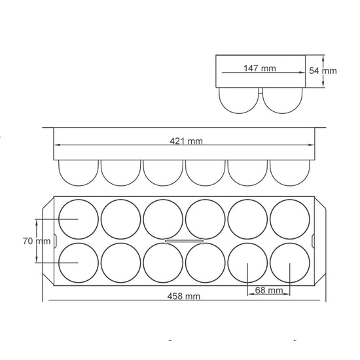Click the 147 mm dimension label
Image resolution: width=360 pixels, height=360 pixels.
(260, 68)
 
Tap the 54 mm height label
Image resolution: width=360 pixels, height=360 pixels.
(323, 71)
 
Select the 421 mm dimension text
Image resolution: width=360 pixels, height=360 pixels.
(186, 141)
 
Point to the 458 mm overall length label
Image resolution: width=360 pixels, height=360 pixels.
(183, 296)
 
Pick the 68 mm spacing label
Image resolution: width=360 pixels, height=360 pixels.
(268, 290)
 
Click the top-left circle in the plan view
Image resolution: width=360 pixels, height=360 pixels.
(78, 219)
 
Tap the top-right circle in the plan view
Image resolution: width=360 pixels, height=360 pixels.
(289, 219)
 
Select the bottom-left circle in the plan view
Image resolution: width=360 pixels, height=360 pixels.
(78, 262)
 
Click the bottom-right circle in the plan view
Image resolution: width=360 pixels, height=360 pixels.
(289, 262)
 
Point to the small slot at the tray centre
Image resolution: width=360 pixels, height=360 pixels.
(184, 241)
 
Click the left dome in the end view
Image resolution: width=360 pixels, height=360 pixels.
(240, 100)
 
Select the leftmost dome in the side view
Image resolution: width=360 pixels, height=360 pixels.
(78, 173)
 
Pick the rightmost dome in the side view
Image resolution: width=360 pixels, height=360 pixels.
(289, 173)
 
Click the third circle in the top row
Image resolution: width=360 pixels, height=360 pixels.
(163, 219)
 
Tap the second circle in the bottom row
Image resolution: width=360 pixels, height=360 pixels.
(120, 262)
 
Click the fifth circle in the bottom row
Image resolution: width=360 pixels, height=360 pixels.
(247, 262)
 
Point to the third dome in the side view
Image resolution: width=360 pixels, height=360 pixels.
(163, 173)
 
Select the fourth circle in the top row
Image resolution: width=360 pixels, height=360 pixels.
(205, 219)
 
